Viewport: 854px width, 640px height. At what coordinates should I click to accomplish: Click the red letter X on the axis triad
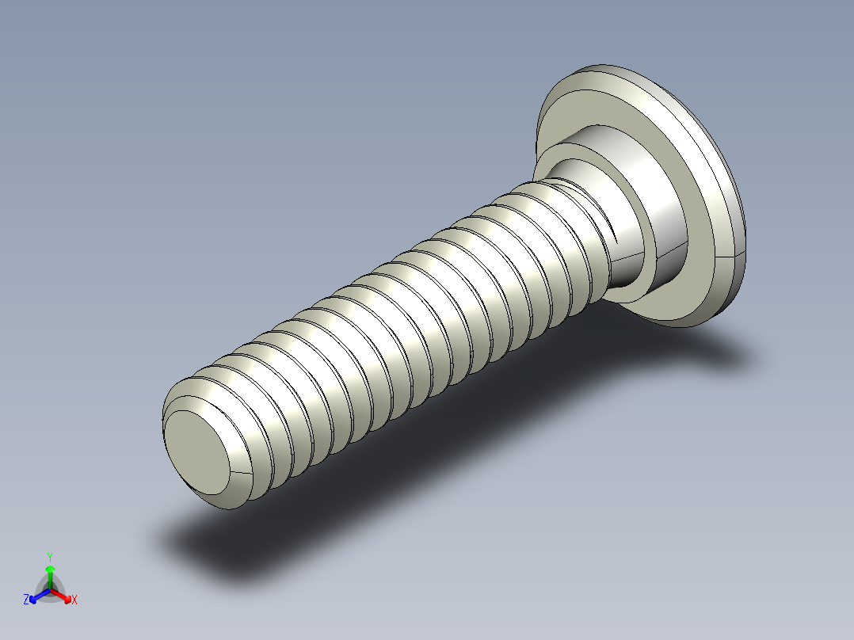click(74, 600)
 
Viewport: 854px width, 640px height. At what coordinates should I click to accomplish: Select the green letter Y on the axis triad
click(50, 557)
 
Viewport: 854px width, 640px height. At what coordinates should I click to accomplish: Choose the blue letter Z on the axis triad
click(26, 600)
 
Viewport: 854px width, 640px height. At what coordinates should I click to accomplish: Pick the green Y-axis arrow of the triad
click(50, 573)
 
